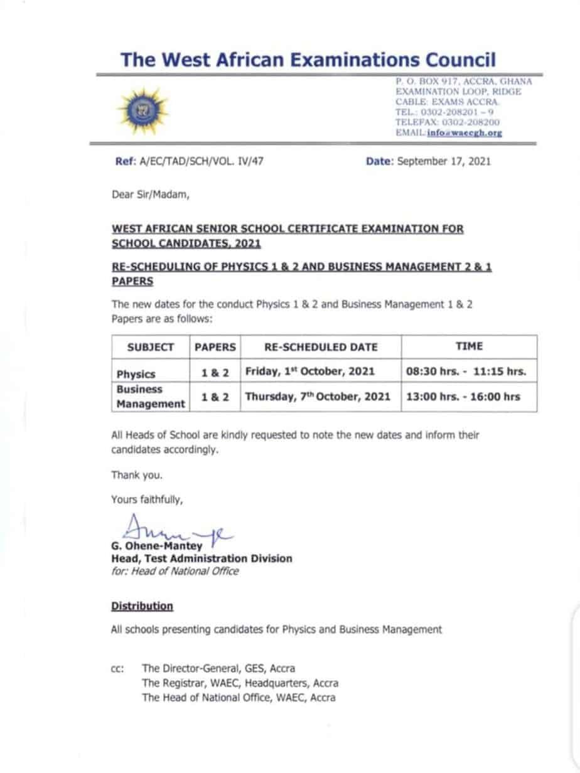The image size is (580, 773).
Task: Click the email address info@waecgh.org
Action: click(x=465, y=133)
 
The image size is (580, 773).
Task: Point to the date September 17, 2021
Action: click(x=444, y=162)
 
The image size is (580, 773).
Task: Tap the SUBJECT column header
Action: click(x=150, y=347)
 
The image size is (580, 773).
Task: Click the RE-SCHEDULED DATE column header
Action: click(x=321, y=347)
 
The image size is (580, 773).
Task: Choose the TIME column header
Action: click(x=469, y=346)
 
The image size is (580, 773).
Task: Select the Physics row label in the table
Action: click(x=136, y=374)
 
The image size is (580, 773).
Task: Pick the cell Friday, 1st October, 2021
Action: click(x=310, y=371)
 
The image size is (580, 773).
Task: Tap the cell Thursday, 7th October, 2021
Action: click(x=318, y=397)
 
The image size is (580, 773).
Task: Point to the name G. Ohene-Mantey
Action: click(x=157, y=546)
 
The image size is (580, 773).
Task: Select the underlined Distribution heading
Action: click(x=142, y=606)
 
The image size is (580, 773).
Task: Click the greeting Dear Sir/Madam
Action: click(x=150, y=195)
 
